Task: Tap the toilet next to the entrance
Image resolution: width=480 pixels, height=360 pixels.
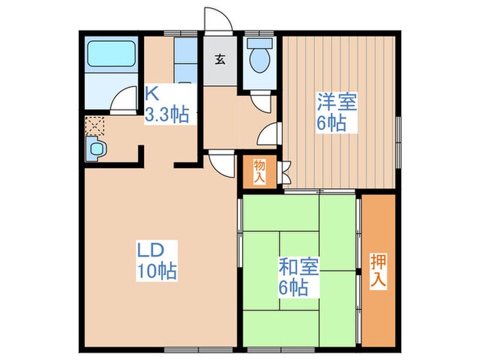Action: pyautogui.click(x=259, y=59)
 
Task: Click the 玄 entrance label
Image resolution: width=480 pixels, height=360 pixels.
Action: pyautogui.click(x=220, y=58)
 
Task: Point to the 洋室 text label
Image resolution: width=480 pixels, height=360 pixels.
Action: pyautogui.click(x=336, y=103)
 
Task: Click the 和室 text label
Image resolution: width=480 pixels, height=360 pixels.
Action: pyautogui.click(x=298, y=264)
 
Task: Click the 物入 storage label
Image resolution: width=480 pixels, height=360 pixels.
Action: pyautogui.click(x=259, y=171)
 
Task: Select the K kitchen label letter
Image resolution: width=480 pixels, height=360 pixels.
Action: pyautogui.click(x=152, y=93)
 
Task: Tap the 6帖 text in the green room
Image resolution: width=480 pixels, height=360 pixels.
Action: pyautogui.click(x=294, y=286)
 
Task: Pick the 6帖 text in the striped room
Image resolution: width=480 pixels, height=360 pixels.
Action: pyautogui.click(x=331, y=124)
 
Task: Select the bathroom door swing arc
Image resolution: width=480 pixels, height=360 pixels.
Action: pyautogui.click(x=124, y=100)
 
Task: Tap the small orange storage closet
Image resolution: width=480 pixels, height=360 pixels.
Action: pyautogui.click(x=259, y=171)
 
